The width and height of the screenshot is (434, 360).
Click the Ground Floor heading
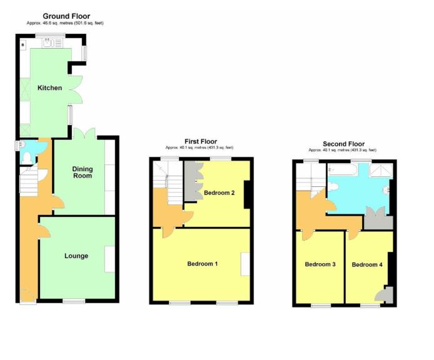click(x=66, y=16)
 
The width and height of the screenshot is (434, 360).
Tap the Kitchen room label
click(x=49, y=87)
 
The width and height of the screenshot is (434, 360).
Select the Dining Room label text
click(x=82, y=172)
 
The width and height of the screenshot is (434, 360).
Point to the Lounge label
click(x=76, y=256)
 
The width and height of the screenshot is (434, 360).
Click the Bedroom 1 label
click(x=202, y=264)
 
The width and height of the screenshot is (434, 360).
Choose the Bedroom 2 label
click(x=219, y=192)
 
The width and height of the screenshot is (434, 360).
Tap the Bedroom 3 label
click(x=320, y=264)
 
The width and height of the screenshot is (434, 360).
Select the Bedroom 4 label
click(x=366, y=264)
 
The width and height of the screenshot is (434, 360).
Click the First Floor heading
click(x=201, y=142)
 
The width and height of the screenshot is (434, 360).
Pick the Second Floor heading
click(x=343, y=144)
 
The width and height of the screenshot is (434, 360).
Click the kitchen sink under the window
click(x=47, y=42)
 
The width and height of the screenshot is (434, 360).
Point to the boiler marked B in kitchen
click(x=23, y=45)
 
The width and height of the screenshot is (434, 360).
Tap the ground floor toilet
click(x=26, y=159)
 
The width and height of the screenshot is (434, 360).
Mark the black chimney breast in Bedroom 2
click(x=248, y=194)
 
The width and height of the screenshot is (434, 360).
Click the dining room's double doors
click(x=84, y=133)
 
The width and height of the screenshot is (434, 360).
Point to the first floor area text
click(x=201, y=148)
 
